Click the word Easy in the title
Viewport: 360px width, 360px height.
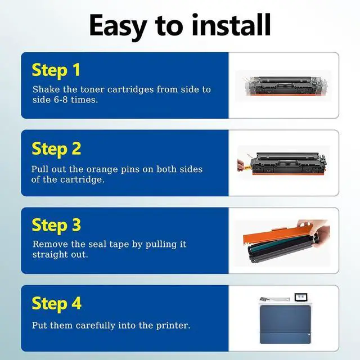[x=118, y=26]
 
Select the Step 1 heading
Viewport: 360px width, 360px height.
[x=56, y=70]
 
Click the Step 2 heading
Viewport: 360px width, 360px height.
[x=56, y=149]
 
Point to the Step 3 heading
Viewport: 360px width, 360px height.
[x=56, y=226]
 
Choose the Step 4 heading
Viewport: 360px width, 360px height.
[x=57, y=304]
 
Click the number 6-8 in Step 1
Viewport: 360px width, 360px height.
[x=60, y=100]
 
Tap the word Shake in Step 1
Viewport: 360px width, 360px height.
[x=46, y=89]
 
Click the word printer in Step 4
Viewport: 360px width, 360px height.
[x=173, y=326]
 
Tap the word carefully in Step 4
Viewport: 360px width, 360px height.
[x=95, y=326]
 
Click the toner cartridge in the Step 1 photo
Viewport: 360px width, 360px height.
[x=285, y=86]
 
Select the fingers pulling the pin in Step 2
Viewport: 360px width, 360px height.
[x=241, y=165]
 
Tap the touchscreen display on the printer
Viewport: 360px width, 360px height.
[x=301, y=297]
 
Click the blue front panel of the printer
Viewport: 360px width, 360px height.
[x=285, y=324]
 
